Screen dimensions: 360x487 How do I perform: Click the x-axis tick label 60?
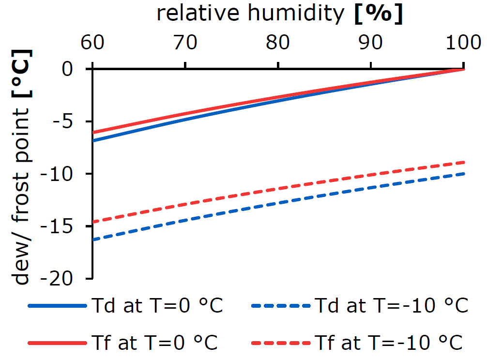click(92, 44)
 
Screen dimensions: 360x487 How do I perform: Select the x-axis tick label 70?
click(185, 44)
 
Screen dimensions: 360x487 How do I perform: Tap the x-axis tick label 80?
click(278, 44)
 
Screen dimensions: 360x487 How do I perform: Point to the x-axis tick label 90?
click(371, 44)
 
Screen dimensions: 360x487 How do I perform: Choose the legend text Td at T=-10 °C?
click(391, 306)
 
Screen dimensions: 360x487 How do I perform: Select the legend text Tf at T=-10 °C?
click(389, 343)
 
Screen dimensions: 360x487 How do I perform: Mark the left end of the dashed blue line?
click(92, 240)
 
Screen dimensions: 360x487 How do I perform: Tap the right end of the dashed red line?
click(464, 162)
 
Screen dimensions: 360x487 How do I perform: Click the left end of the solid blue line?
click(92, 141)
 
